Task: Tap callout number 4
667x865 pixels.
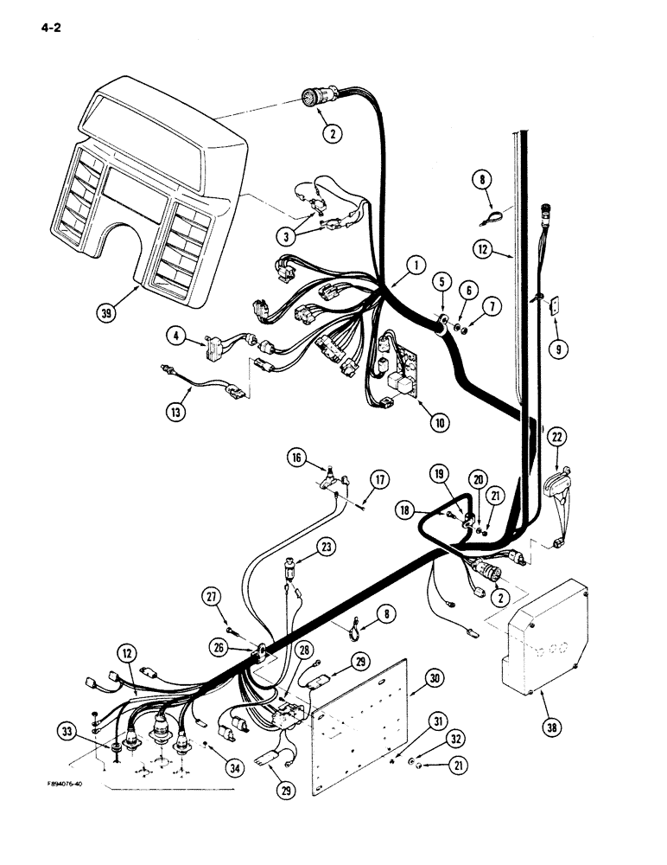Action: click(x=177, y=330)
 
